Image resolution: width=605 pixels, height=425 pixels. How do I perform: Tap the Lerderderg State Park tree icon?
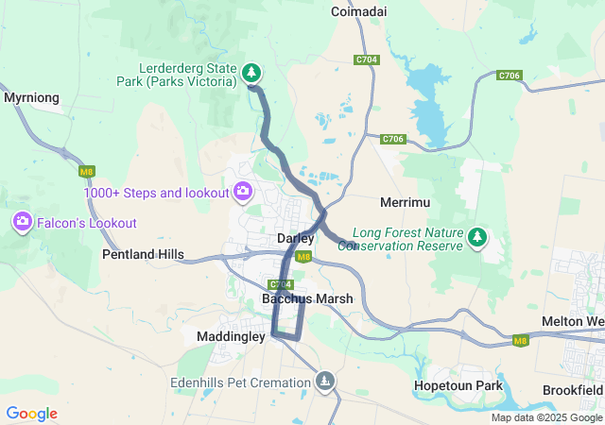click(x=251, y=72)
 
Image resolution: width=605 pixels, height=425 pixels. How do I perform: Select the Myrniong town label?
click(x=32, y=97)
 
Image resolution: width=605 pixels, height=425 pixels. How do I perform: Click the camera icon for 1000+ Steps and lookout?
click(x=243, y=192)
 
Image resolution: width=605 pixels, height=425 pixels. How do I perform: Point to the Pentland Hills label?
click(x=143, y=255)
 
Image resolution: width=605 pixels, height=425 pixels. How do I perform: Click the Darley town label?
click(x=295, y=239)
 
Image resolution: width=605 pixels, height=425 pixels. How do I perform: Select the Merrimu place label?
click(x=405, y=203)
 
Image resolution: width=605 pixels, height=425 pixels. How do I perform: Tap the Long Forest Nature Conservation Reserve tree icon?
click(x=478, y=237)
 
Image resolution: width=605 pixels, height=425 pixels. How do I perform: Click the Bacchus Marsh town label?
click(x=307, y=298)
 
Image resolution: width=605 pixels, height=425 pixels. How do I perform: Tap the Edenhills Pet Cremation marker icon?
click(x=325, y=381)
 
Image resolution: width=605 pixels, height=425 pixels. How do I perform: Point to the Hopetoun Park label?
click(x=458, y=386)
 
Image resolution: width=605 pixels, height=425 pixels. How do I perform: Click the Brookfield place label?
click(x=573, y=389)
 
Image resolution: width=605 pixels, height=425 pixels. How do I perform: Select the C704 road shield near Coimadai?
click(x=367, y=59)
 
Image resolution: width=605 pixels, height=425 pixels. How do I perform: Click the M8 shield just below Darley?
click(x=302, y=257)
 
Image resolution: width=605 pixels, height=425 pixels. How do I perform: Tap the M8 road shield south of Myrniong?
click(x=87, y=171)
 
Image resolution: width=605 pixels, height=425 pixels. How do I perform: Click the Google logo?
click(x=31, y=414)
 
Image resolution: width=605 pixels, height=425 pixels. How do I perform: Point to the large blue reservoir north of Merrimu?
click(x=430, y=113)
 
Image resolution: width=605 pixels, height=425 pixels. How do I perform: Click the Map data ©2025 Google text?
click(x=546, y=417)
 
